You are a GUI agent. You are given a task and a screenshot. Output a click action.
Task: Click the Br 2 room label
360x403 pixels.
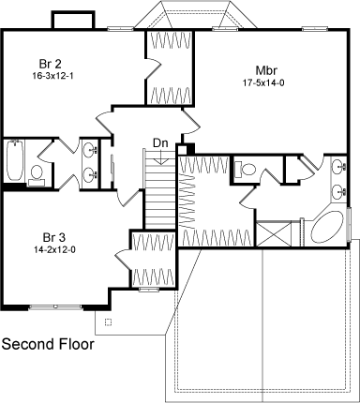[x=51, y=64]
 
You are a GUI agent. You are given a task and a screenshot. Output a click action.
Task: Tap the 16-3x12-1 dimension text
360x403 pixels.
[x=52, y=76]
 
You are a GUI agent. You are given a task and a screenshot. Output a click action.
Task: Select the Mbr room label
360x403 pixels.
[x=266, y=70]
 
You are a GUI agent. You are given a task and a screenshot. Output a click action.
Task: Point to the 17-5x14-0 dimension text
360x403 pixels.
[x=263, y=83]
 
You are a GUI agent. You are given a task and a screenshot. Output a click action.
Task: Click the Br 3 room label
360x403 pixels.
[x=54, y=238]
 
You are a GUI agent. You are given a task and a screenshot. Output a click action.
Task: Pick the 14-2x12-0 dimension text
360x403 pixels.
[x=54, y=249]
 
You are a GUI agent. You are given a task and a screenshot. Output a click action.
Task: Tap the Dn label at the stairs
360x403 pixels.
[x=160, y=143]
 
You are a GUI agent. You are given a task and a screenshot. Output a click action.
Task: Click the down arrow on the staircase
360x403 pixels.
[x=161, y=157]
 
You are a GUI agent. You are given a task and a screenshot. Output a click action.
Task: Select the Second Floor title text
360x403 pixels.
[x=48, y=344]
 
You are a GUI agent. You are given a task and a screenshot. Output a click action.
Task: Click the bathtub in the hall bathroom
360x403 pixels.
[x=15, y=160]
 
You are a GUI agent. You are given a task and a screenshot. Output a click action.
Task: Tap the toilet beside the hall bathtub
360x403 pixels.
[x=37, y=176]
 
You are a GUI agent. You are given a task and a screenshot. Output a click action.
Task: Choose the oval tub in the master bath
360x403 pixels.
[x=327, y=227]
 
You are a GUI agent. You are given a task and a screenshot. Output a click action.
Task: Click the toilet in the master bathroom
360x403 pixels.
[x=246, y=169]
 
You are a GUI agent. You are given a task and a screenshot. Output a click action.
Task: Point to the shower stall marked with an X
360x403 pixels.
[x=274, y=233]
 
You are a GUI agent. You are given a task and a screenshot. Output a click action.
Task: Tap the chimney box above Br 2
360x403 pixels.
[x=73, y=21]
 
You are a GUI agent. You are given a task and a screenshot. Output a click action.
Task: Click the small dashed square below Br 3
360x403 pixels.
[x=108, y=322]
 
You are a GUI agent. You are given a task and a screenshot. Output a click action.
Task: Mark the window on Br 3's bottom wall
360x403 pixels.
[x=55, y=307]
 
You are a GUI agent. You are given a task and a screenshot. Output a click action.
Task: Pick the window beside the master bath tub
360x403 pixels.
[x=349, y=224]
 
